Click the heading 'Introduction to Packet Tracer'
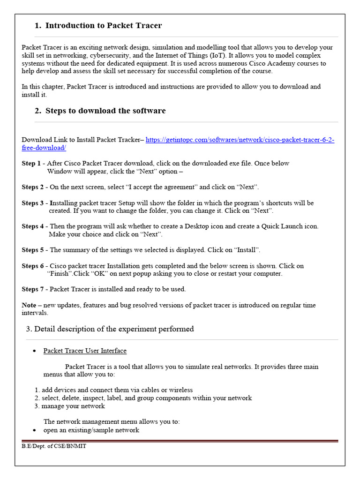click(x=103, y=26)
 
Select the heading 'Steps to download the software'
click(x=105, y=111)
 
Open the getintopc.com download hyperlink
click(x=240, y=140)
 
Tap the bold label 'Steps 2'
click(x=33, y=187)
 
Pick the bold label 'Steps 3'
click(x=33, y=203)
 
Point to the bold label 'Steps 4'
click(x=33, y=226)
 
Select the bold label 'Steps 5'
click(x=33, y=250)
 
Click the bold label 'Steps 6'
click(x=33, y=266)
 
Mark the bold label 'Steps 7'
click(x=33, y=289)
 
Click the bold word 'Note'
click(x=29, y=305)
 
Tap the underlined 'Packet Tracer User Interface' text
click(x=85, y=351)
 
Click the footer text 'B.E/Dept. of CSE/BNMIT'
click(x=54, y=446)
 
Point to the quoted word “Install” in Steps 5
click(x=247, y=250)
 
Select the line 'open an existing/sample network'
click(x=91, y=430)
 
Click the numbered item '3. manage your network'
click(x=70, y=406)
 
